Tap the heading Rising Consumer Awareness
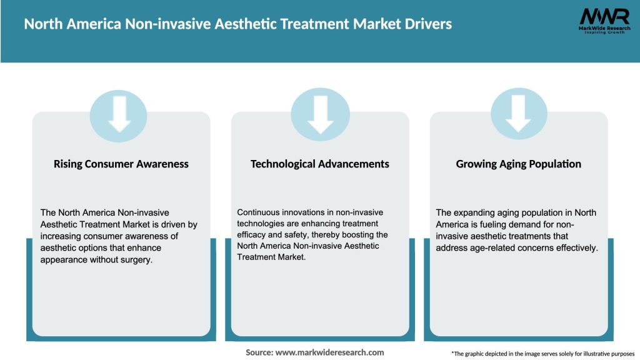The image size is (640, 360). tap(121, 164)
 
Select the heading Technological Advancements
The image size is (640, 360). tap(320, 164)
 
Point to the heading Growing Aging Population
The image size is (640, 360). tap(519, 164)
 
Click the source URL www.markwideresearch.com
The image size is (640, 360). tap(330, 352)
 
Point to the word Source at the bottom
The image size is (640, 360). tap(259, 352)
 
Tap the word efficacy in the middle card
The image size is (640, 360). tap(254, 236)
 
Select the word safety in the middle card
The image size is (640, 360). tap(296, 236)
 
